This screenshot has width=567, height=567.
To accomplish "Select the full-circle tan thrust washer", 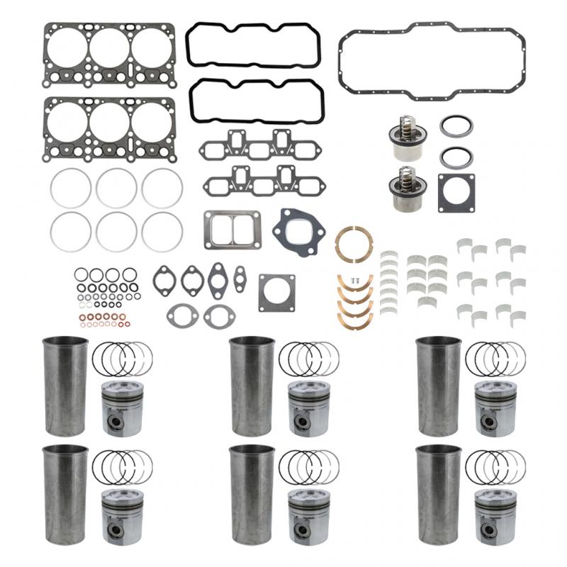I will click(354, 245).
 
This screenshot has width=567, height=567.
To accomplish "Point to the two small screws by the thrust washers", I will click(357, 281).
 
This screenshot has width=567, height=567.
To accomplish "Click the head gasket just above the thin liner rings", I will click(110, 128).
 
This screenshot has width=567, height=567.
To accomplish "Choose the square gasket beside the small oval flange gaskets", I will click(276, 293).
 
